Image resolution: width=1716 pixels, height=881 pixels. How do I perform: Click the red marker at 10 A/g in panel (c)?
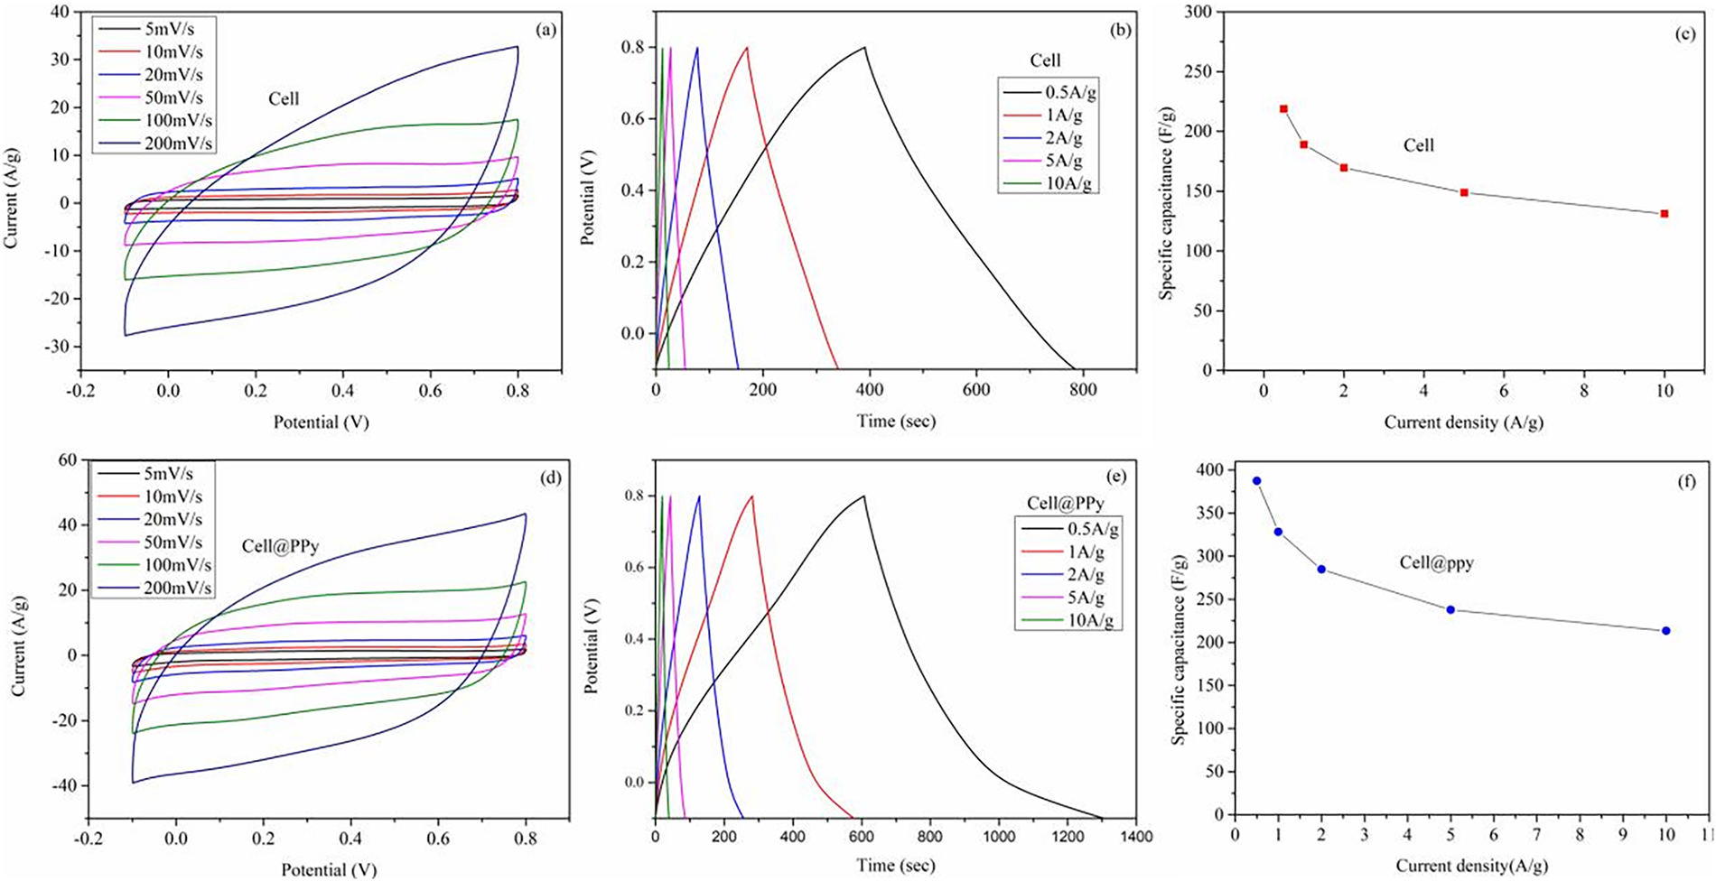coord(1664,214)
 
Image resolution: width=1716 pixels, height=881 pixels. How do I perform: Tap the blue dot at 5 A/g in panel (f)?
coord(1450,609)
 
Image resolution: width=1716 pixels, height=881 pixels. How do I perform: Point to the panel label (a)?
coord(546,30)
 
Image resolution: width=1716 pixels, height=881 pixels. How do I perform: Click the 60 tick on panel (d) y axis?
coord(69,460)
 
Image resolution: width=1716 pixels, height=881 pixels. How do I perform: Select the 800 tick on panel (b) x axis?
coord(1083,390)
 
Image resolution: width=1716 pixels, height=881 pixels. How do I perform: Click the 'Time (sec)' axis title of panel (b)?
coord(895,421)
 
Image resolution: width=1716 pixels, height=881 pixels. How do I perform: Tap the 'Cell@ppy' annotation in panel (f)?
coord(1436,562)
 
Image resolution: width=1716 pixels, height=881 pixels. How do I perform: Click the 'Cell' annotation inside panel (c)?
coord(1418,144)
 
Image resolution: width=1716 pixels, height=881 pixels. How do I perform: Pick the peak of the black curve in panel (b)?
coord(864,47)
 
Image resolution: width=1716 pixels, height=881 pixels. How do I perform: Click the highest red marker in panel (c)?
coord(1283,108)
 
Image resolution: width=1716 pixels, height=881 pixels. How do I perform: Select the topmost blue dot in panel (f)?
coord(1256,481)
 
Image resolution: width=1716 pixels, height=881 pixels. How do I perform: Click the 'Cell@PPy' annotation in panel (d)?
coord(280,546)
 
